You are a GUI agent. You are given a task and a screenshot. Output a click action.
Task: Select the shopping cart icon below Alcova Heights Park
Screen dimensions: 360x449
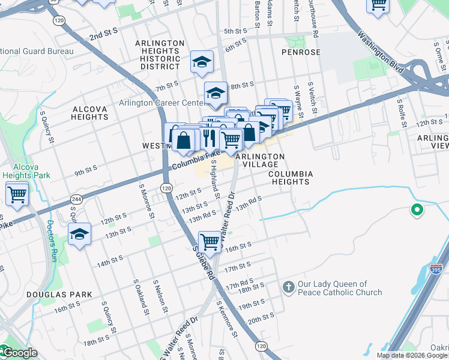coord(17,194)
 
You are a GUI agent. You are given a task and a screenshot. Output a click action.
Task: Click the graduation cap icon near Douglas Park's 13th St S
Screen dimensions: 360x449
coord(79,234)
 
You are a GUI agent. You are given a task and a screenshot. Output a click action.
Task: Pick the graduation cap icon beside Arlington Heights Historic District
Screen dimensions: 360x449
coord(202,61)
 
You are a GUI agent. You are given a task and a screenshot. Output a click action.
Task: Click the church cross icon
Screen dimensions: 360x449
coord(289,287)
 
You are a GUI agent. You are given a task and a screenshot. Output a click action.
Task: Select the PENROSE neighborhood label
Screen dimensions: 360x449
coord(300,53)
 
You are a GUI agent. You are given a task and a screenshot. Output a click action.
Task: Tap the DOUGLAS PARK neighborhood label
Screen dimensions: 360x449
coord(59,295)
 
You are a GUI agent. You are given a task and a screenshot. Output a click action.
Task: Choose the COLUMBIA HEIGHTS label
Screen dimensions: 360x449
coord(291,177)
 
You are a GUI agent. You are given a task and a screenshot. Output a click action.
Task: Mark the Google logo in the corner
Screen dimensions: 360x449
coord(20,352)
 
